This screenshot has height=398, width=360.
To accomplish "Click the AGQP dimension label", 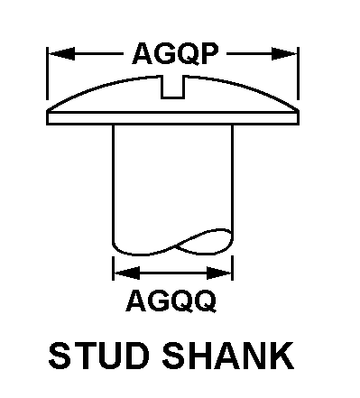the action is pyautogui.click(x=175, y=54).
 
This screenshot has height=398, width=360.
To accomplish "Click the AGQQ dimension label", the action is pyautogui.click(x=171, y=301).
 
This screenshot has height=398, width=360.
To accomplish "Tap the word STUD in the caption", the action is pyautogui.click(x=99, y=356).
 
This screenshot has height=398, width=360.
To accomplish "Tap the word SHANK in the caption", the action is pyautogui.click(x=228, y=356).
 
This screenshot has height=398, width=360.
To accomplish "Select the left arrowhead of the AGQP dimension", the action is pyautogui.click(x=61, y=54).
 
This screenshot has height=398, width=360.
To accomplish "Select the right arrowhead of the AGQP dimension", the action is pyautogui.click(x=284, y=54).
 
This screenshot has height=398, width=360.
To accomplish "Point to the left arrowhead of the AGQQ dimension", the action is pyautogui.click(x=127, y=273).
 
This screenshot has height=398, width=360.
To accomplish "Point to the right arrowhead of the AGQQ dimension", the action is pyautogui.click(x=219, y=273).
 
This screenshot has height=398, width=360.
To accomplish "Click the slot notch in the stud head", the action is pyautogui.click(x=172, y=88).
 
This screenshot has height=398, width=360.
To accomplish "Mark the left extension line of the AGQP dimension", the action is pyautogui.click(x=47, y=73).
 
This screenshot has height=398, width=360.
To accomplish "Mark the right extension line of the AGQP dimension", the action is pyautogui.click(x=298, y=73).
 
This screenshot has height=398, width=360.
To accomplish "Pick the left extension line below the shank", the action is pyautogui.click(x=113, y=268).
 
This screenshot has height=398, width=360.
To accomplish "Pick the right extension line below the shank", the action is pyautogui.click(x=233, y=268).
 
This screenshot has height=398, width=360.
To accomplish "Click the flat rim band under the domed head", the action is pyautogui.click(x=172, y=118).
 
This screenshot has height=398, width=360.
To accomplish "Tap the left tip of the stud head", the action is pyautogui.click(x=47, y=111).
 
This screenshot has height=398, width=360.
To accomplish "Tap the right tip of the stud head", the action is pyautogui.click(x=299, y=111).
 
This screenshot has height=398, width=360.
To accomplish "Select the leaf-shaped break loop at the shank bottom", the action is pyautogui.click(x=204, y=241).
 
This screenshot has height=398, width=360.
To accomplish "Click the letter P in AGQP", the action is pyautogui.click(x=208, y=54).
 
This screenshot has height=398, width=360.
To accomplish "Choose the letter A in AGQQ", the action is pyautogui.click(x=136, y=301).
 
